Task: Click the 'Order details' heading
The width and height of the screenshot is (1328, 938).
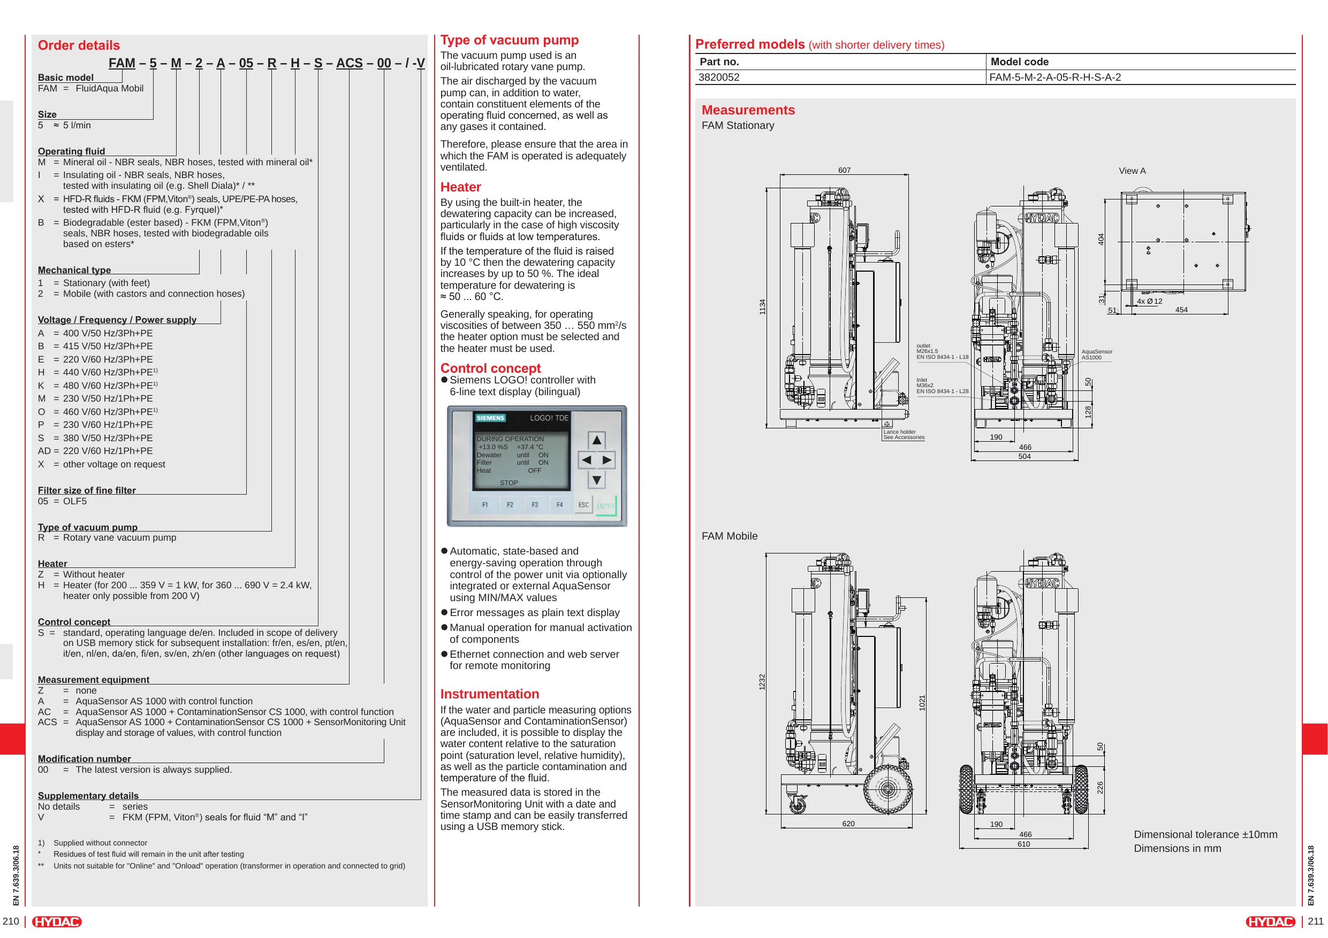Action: (79, 45)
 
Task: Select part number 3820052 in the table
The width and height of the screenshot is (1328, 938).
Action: (719, 78)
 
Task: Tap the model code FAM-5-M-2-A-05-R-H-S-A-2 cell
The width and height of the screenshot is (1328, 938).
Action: (1055, 78)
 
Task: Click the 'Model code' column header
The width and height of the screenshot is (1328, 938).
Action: (1019, 62)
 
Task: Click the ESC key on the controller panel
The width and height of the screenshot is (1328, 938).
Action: (583, 504)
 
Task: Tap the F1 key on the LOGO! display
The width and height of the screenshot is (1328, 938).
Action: (485, 504)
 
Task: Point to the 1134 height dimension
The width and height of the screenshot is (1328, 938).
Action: (762, 307)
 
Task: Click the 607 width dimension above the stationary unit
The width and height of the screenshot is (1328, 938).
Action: (845, 170)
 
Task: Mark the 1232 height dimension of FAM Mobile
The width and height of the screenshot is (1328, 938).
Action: (762, 682)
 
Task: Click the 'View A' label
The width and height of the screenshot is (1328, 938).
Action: (1132, 171)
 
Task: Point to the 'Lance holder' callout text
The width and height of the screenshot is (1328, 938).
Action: (899, 432)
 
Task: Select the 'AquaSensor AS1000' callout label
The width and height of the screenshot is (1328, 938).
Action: (1097, 354)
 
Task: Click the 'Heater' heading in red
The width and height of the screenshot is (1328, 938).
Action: (460, 187)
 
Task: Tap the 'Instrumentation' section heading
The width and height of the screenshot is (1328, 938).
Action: (489, 694)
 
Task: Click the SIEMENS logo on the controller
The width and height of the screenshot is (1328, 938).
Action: (490, 418)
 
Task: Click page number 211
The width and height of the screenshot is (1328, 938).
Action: (1316, 921)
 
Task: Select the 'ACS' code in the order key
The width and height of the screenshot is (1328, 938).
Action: (350, 63)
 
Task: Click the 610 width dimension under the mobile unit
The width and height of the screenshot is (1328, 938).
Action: (1024, 844)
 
